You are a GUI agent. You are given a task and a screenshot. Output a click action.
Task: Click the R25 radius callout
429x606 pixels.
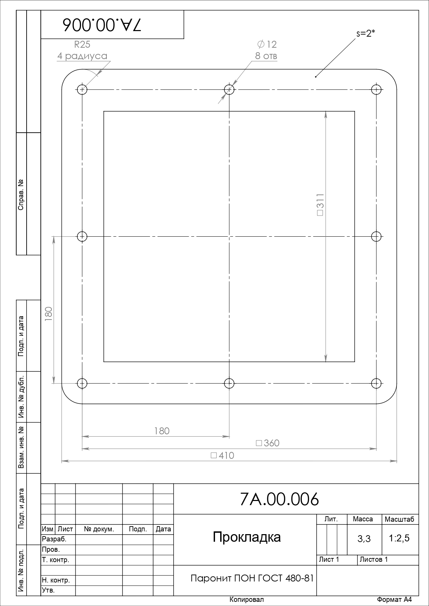point(82,44)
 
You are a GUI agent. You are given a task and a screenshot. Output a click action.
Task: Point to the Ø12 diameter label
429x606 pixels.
point(267,44)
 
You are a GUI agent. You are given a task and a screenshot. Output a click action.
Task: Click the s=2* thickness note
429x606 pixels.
point(366,34)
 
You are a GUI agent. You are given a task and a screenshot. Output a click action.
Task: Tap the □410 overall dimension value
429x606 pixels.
point(222,455)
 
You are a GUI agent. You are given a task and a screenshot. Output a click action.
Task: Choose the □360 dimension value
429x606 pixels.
point(268,443)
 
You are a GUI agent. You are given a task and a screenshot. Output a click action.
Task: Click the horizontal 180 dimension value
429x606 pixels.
point(162,431)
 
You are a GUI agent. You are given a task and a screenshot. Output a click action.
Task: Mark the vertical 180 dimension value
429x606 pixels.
point(48,314)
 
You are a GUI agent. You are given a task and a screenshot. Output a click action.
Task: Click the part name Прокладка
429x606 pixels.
point(247,537)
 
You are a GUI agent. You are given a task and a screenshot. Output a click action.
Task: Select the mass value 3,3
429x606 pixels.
point(364,538)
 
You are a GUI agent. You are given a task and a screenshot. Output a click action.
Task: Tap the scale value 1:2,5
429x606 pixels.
point(399,538)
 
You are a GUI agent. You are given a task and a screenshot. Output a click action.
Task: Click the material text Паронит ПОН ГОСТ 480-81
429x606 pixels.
point(252,578)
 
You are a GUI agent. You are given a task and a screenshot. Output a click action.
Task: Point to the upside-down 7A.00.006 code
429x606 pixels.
point(102,25)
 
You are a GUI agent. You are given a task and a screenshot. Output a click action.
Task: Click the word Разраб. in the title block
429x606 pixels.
point(54,539)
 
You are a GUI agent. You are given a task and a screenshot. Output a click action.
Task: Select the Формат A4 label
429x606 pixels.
point(394,599)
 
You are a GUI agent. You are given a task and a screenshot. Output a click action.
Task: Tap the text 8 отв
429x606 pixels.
point(266,56)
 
